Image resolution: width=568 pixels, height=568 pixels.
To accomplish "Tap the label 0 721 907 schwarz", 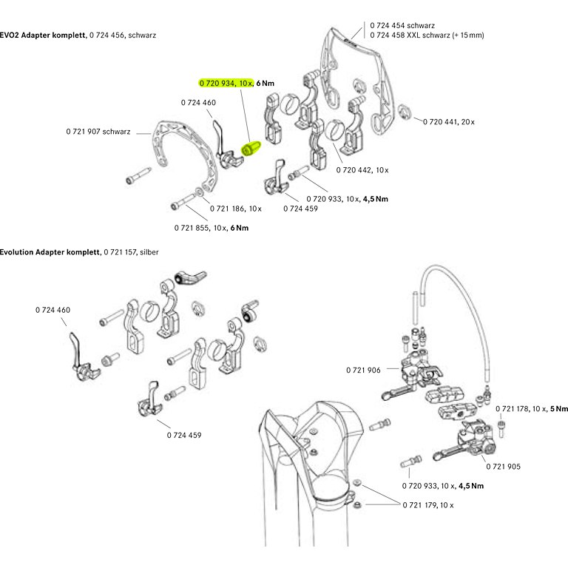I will pos(98,132).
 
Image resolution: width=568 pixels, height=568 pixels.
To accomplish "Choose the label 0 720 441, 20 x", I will pos(450,121).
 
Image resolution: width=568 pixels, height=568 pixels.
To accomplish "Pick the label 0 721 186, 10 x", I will pos(235,209).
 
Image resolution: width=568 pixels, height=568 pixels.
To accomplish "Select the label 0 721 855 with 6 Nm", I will pos(211,227).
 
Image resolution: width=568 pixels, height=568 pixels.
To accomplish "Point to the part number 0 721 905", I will pos(503,466).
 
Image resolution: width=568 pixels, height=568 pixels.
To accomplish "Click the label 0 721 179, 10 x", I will pos(427,504).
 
